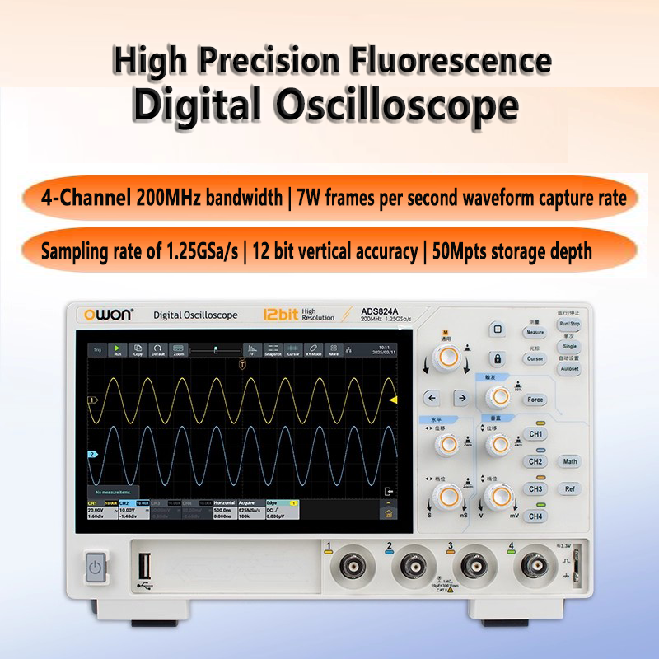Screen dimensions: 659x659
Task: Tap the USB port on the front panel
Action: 146,566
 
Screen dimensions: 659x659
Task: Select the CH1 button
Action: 536,434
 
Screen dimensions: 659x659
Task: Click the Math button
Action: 570,461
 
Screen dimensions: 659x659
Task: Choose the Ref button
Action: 570,488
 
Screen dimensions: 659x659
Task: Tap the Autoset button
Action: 570,369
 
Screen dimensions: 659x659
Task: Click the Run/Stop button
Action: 570,324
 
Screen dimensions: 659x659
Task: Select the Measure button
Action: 535,333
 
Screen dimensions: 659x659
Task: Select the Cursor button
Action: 535,359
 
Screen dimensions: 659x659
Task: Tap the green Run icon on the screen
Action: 117,350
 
